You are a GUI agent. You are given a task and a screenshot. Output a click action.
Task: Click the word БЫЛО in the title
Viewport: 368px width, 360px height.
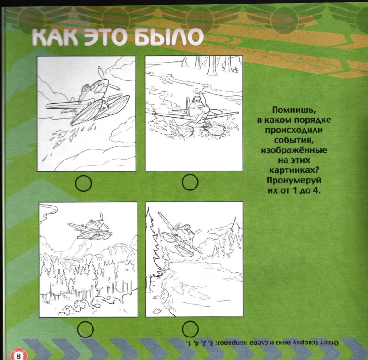[x=169, y=37]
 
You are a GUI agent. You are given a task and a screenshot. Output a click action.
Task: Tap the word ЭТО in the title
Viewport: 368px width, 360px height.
[x=106, y=37]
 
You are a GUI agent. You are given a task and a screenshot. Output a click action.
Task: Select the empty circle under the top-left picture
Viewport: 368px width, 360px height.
[x=84, y=183]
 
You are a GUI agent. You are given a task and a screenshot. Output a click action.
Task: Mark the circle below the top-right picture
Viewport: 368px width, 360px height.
[x=190, y=182]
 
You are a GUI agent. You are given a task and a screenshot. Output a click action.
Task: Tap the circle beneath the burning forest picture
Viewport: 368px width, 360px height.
[x=85, y=329]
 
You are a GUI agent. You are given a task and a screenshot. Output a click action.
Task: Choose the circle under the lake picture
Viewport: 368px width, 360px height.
[x=190, y=329]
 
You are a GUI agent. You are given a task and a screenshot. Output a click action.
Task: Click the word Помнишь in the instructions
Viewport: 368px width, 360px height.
[x=293, y=110]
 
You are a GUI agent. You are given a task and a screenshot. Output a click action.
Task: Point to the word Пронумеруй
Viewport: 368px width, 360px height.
[x=294, y=181]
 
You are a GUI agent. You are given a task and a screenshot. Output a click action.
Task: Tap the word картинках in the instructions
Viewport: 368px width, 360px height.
[x=295, y=170]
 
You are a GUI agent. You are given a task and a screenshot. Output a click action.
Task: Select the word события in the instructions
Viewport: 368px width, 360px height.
[x=294, y=140]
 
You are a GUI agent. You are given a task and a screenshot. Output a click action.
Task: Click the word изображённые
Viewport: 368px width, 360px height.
[x=294, y=150]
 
